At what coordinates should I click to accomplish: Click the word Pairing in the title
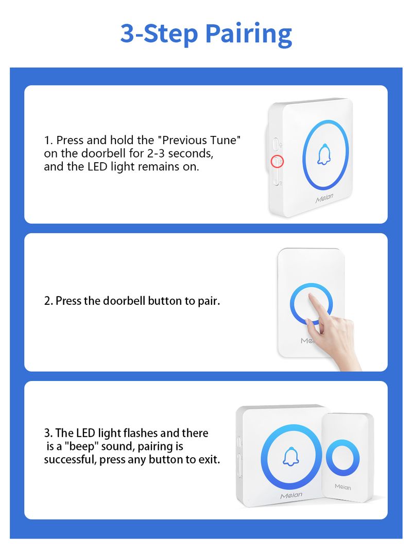click(248, 35)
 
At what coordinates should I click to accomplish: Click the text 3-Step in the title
click(159, 34)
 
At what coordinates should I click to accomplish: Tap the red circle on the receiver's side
click(277, 162)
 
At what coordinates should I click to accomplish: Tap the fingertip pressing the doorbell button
click(310, 296)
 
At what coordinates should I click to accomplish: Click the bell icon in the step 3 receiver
click(291, 457)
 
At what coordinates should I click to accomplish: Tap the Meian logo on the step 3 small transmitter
click(343, 487)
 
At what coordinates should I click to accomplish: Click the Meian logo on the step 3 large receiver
click(291, 495)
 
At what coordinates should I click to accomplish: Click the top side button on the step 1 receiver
click(275, 145)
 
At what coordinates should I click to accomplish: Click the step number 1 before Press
click(48, 141)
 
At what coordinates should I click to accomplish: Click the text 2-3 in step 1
click(156, 154)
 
